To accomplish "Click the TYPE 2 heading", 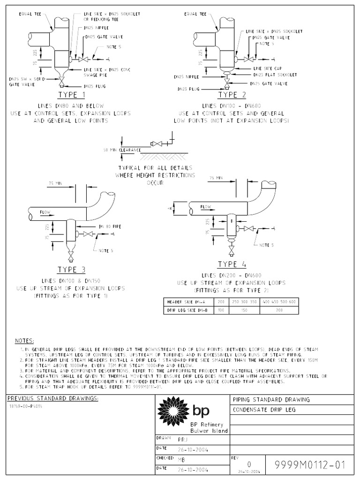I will pos(231,95).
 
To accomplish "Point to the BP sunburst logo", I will pos(173,411).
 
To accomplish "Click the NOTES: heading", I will pos(24,340).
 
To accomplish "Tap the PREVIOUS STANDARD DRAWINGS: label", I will pos(53,398).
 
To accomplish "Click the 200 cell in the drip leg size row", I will pos(279,310).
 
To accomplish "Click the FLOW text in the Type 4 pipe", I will pos(205,207).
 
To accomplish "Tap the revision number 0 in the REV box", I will pos(248,464).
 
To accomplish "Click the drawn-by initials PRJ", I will pos(183,440).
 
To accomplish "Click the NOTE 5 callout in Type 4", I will pos(266,245).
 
